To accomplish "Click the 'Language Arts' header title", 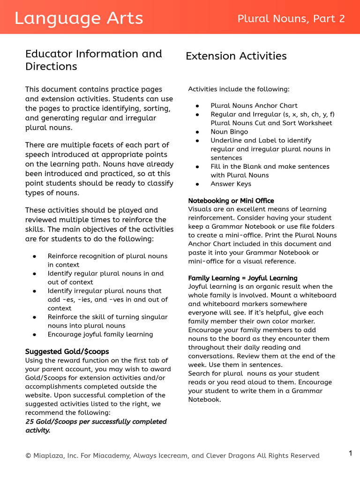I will (x=79, y=18).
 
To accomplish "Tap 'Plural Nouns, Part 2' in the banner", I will (x=291, y=19).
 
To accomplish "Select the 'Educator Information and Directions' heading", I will (x=94, y=60).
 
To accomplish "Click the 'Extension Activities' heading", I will (x=236, y=56).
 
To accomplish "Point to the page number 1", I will (x=350, y=453).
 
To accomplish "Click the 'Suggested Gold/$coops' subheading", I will (x=67, y=352).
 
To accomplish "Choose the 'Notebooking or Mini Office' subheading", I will (x=231, y=201).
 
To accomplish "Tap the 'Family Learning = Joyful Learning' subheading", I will (x=243, y=278).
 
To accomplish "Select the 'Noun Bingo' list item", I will (x=229, y=132).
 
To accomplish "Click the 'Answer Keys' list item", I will (x=231, y=184).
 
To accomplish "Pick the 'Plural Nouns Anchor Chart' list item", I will (x=254, y=106).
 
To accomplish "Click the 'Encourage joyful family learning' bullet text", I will (x=100, y=334).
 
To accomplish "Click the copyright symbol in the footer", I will (x=28, y=456).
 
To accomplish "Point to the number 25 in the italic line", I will (x=30, y=421).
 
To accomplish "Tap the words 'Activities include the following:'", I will (x=239, y=89).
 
